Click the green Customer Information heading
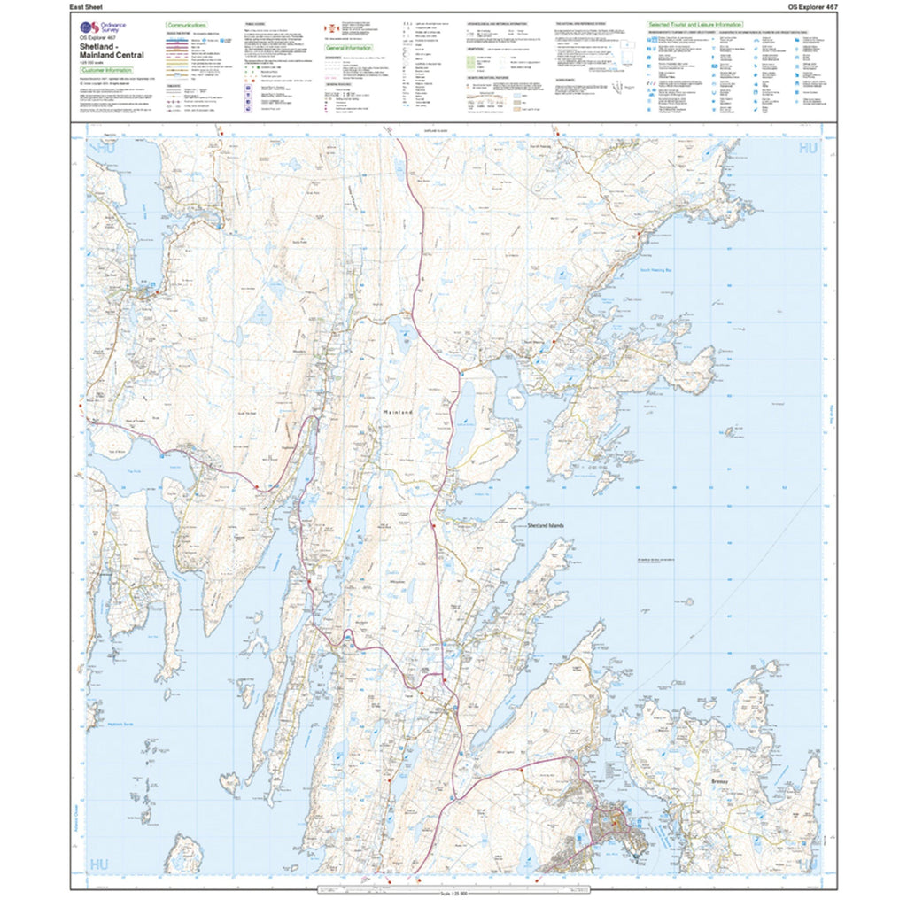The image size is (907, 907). (107, 70)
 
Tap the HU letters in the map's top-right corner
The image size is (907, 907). (807, 149)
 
